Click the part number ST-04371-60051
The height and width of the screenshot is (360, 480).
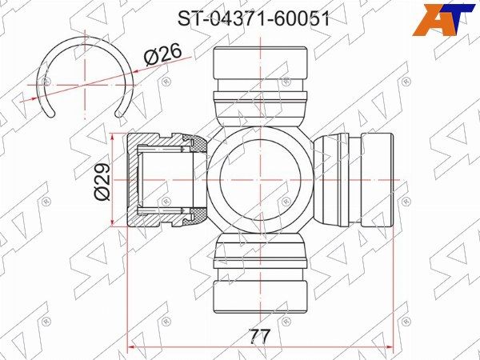click(x=254, y=19)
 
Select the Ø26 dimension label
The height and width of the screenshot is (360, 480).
click(x=163, y=54)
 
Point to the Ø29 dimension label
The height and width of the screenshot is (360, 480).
click(x=102, y=182)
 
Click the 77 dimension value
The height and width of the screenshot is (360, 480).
click(x=259, y=337)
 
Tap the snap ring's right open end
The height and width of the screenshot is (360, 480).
click(x=118, y=114)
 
